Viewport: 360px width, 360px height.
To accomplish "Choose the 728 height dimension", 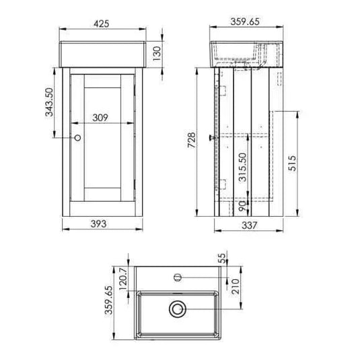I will click(x=191, y=139).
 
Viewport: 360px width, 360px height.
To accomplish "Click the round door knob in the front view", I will click(x=77, y=137).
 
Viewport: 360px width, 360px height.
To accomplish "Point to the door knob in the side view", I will click(x=211, y=137).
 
